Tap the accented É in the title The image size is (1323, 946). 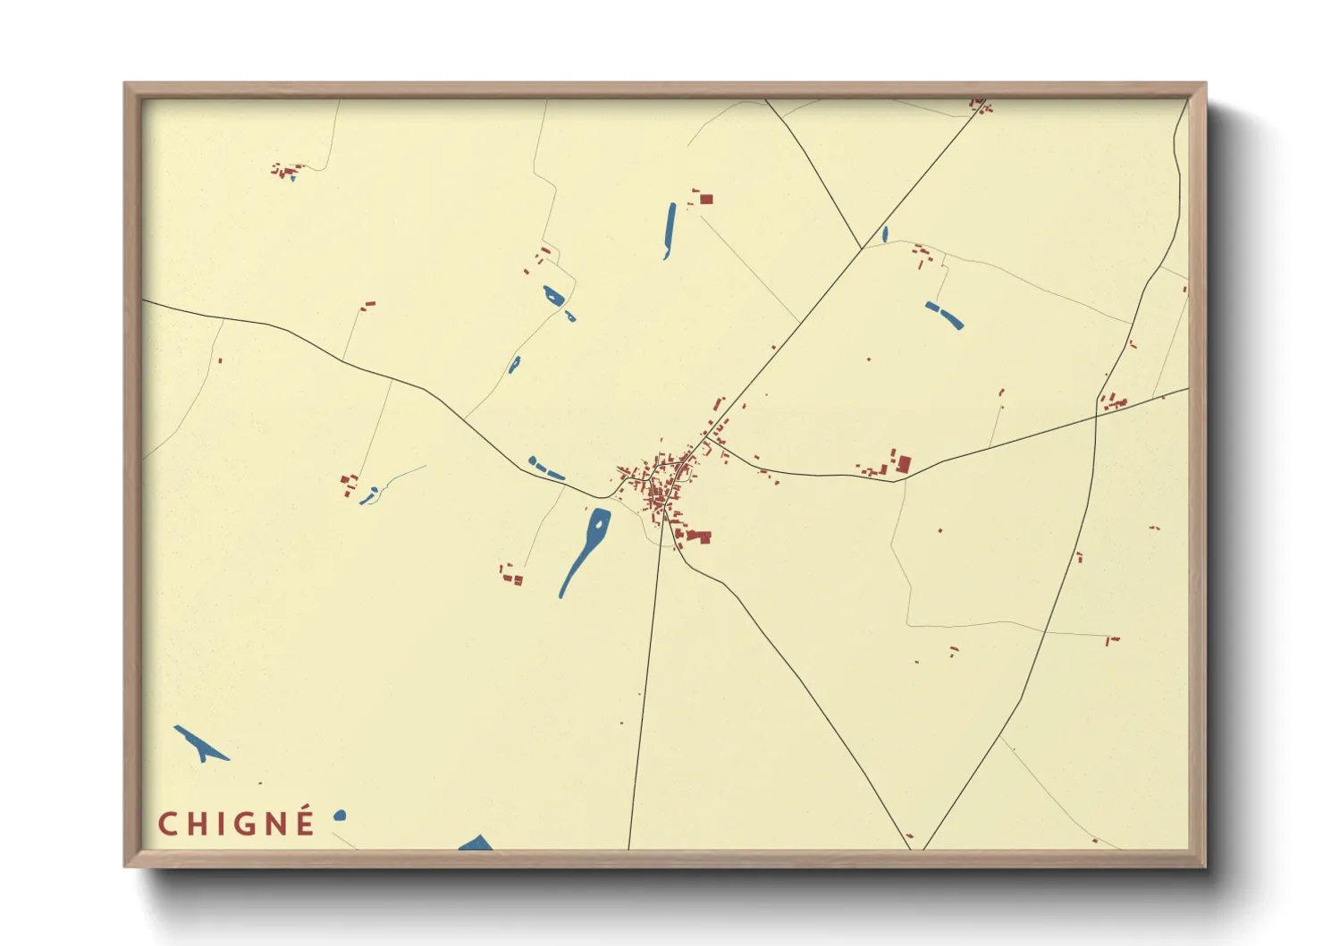tap(305, 821)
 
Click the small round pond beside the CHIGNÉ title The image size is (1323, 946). tap(340, 815)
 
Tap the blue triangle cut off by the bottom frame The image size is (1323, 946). tap(476, 843)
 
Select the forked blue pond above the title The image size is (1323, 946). tap(200, 743)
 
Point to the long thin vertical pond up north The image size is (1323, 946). tap(670, 230)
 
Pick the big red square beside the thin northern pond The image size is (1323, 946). tap(706, 198)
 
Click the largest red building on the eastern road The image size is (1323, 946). tap(904, 464)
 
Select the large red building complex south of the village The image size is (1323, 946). tap(697, 536)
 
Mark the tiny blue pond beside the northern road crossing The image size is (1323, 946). tap(885, 235)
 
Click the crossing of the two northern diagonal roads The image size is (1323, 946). tap(862, 249)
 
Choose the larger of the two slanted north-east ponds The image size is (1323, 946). tap(948, 317)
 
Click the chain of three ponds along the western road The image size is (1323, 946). tap(545, 469)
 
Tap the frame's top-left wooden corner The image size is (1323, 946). tap(132, 90)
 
